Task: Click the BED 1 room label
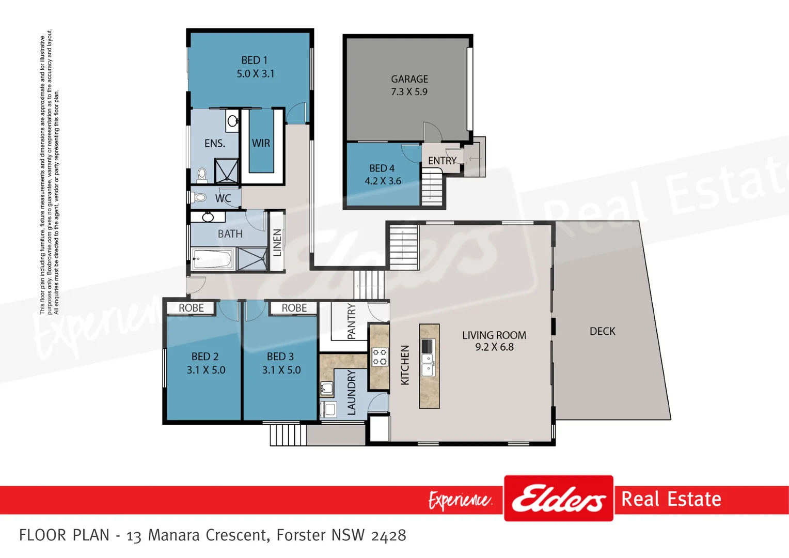(x=255, y=60)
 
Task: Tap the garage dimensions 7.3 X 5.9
(x=409, y=92)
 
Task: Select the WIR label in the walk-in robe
(x=261, y=143)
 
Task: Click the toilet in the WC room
(x=199, y=197)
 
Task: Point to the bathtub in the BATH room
(x=212, y=258)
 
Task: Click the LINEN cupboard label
(x=277, y=243)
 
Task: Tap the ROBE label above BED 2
(x=191, y=308)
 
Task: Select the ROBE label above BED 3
(x=294, y=308)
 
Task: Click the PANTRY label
(x=352, y=321)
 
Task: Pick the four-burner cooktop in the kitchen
(x=380, y=357)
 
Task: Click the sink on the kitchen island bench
(x=428, y=364)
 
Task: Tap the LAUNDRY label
(x=352, y=393)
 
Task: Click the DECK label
(x=602, y=331)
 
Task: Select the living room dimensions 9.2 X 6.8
(x=494, y=347)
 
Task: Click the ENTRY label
(x=442, y=161)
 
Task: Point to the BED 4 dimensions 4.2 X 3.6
(x=383, y=181)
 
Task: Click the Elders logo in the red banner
(x=558, y=499)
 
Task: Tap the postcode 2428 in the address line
(x=388, y=535)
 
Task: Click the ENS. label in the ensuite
(x=215, y=144)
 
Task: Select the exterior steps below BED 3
(x=288, y=435)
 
